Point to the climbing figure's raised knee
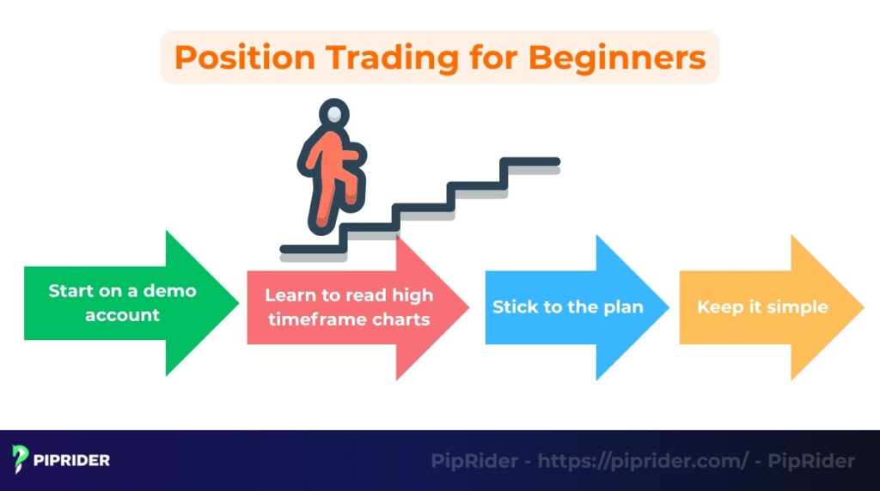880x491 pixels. click(x=353, y=158)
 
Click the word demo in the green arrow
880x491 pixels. click(x=168, y=291)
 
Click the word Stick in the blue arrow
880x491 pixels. click(x=514, y=307)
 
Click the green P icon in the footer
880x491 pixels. click(x=21, y=460)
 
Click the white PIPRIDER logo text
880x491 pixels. click(x=72, y=461)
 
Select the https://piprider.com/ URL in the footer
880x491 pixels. click(x=643, y=461)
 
